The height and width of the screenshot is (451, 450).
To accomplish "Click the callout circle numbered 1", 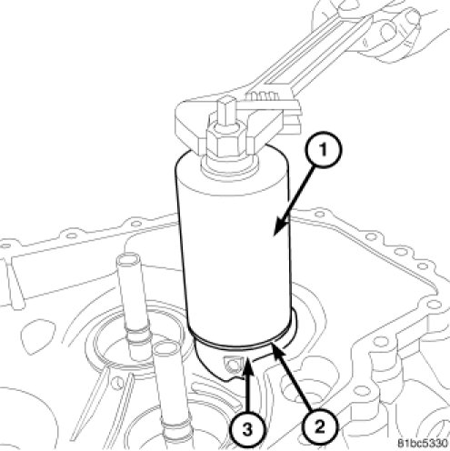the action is [x=323, y=149].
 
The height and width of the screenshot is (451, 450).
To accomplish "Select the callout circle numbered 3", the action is [x=247, y=429].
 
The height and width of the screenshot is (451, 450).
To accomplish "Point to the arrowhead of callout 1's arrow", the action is [x=280, y=225].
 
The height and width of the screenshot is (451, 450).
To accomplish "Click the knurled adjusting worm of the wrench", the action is [x=261, y=96].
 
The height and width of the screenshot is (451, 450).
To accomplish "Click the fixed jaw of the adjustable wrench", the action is [x=194, y=121].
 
